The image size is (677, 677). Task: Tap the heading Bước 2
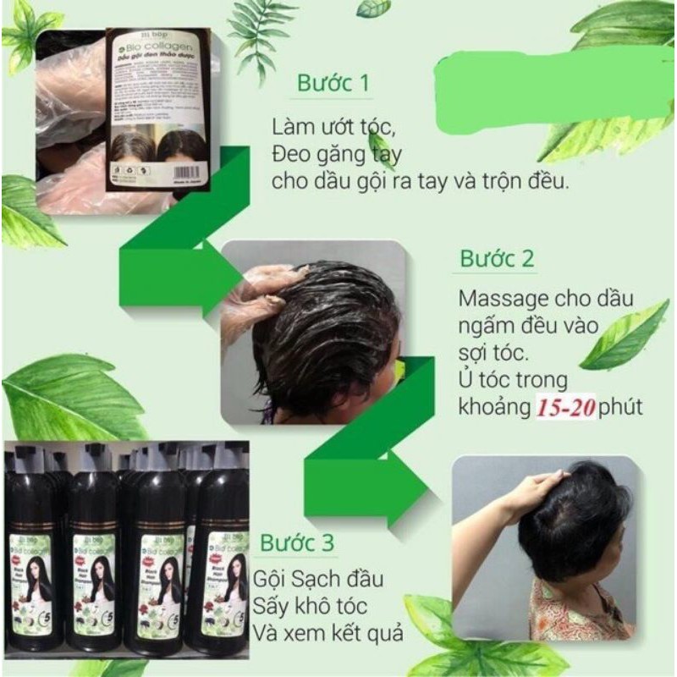click(497, 259)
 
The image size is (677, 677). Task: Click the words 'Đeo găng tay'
click(327, 155)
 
